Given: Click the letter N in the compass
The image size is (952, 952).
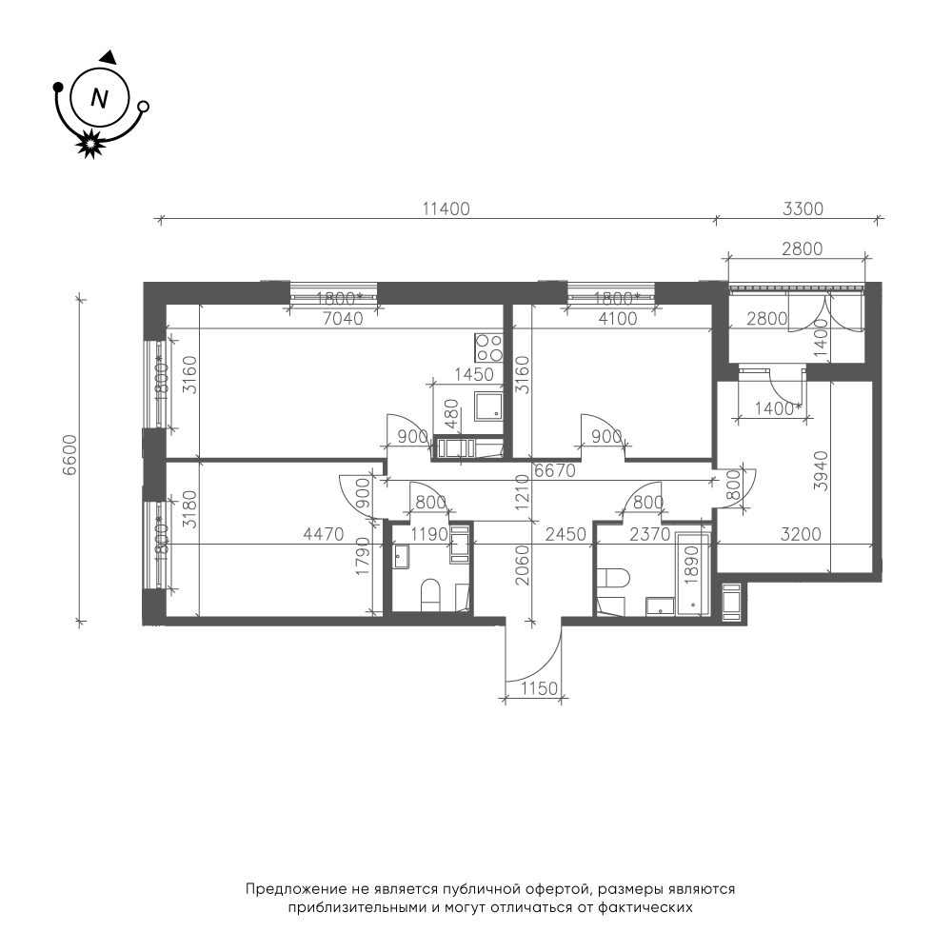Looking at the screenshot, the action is point(99,98).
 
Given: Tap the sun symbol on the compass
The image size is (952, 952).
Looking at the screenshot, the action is point(90,144).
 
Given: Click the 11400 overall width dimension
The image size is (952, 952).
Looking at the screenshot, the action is point(446,208).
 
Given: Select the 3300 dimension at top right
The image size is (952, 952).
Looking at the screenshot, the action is point(803,208).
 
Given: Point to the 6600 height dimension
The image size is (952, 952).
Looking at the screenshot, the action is point(71,455).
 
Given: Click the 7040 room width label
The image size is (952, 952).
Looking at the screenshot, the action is point(343,318).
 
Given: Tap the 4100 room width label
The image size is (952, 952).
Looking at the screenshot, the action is point(618,318).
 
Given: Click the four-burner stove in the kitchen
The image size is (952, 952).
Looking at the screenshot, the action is point(488,347).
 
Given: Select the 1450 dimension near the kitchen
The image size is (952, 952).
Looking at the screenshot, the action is point(473,374).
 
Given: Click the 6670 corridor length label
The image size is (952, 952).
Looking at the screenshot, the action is point(555,470).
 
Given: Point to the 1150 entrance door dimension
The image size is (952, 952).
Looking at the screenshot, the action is point(539,688).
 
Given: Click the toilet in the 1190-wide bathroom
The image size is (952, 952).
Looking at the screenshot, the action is point(430,594).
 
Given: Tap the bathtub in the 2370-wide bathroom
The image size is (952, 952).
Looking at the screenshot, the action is point(693,574).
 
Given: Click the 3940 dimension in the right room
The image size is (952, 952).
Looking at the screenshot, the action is point(821,470).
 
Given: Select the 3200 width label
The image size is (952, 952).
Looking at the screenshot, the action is point(801,534).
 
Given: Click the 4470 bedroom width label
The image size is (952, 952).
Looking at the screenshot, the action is point(323,534).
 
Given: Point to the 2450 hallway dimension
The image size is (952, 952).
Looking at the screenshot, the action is point(565,534).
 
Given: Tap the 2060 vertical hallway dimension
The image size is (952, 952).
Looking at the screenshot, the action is point(522,565).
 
